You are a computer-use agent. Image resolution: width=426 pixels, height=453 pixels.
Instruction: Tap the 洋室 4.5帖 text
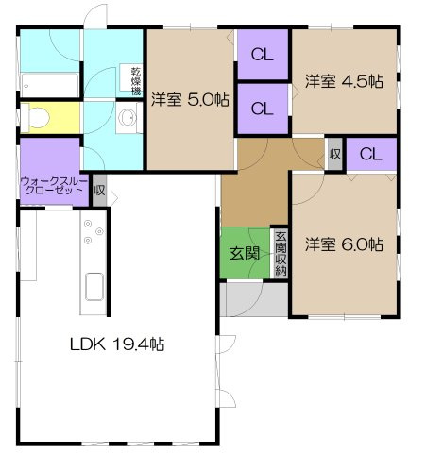(x=344, y=81)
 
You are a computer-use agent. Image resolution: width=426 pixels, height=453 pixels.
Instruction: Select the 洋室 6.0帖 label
(x=344, y=243)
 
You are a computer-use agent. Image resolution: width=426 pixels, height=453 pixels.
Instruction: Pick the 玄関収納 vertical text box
(x=280, y=253)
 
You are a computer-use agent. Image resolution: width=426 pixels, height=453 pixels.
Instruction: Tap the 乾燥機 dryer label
(x=134, y=79)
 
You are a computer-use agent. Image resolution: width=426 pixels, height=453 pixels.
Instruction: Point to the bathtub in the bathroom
(x=47, y=86)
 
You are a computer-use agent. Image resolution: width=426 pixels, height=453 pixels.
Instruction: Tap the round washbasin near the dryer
(x=126, y=121)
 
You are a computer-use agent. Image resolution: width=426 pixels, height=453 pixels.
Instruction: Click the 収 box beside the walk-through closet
(x=99, y=190)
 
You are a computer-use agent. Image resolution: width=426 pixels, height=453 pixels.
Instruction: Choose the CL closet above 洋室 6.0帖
(x=371, y=154)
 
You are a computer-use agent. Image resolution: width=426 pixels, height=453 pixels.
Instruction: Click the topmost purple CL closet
(x=263, y=54)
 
